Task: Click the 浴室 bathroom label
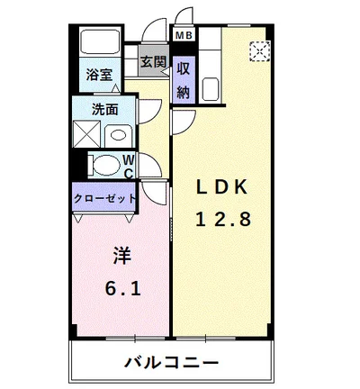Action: (x=99, y=75)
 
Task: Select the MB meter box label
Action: (x=184, y=36)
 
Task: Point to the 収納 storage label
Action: (x=184, y=78)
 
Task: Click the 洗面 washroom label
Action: (x=105, y=110)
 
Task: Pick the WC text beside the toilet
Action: (x=128, y=167)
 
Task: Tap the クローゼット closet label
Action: (x=105, y=197)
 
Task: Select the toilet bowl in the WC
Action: (x=106, y=166)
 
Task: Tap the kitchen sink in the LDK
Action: (x=215, y=89)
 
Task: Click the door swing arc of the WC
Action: (x=148, y=165)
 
